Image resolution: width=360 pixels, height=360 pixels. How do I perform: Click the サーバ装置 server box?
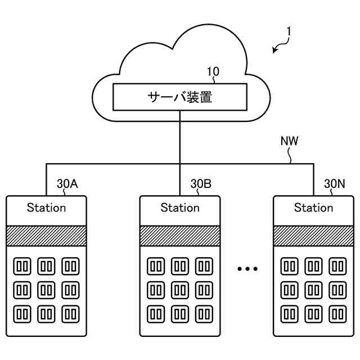(x=180, y=97)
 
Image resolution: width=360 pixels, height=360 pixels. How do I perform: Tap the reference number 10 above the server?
(x=214, y=71)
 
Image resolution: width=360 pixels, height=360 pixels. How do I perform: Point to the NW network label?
(x=289, y=142)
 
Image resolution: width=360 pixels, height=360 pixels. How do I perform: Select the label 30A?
(x=67, y=183)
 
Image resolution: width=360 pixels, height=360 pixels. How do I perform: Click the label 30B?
(x=201, y=183)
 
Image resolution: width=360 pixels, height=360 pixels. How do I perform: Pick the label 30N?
(x=335, y=183)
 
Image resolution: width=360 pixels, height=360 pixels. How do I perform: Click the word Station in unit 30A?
(x=46, y=208)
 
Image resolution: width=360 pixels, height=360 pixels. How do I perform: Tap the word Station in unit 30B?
(x=180, y=208)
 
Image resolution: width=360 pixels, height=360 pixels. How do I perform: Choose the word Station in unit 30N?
(x=313, y=208)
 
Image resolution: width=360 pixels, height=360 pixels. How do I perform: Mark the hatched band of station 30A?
(x=46, y=236)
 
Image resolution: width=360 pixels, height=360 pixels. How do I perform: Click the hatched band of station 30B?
(x=180, y=236)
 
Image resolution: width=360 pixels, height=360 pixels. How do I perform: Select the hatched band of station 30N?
(x=313, y=236)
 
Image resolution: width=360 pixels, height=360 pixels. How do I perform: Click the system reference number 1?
(x=288, y=34)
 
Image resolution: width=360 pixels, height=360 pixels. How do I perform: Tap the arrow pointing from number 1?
(x=278, y=48)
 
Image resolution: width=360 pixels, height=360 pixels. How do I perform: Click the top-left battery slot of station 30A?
(x=22, y=265)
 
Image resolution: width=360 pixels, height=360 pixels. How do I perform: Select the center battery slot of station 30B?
(x=180, y=289)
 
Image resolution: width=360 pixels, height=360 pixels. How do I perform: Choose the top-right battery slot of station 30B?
(x=204, y=265)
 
